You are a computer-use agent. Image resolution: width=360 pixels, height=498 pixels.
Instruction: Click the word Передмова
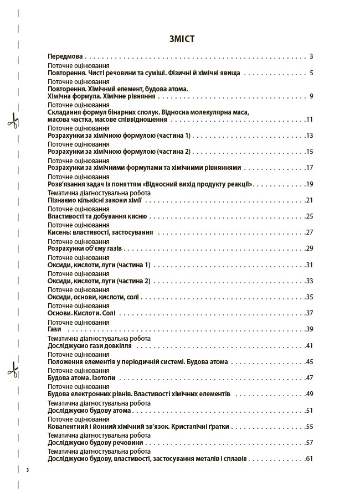pos(65,56)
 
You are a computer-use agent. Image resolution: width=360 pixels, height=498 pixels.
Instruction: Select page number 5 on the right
pos(312,72)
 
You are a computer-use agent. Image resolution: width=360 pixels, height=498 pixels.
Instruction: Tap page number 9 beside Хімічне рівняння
pos(312,96)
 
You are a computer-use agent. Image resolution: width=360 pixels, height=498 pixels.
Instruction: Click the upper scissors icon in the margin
pos(13,121)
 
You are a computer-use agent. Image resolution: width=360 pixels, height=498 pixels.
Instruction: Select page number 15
pos(310,152)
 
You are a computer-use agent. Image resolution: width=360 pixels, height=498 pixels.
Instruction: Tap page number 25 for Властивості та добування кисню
pos(310,216)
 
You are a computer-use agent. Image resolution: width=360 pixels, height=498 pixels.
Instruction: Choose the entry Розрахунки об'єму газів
pos(84,248)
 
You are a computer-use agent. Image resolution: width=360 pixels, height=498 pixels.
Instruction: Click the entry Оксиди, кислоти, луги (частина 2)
pos(99,281)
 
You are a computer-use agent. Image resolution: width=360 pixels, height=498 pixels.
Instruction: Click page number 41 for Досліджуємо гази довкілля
pos(310,345)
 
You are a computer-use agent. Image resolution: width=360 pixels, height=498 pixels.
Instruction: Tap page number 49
pos(310,394)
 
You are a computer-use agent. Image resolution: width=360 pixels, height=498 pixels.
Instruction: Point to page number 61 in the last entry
pos(310,459)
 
